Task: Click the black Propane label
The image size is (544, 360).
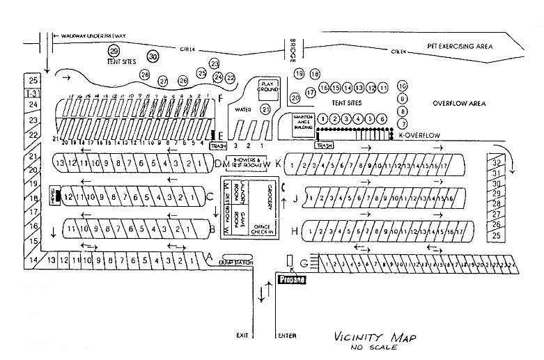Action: [291, 279]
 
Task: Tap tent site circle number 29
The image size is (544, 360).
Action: [114, 51]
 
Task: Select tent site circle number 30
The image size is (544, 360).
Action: [153, 56]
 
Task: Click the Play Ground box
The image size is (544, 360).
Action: [269, 86]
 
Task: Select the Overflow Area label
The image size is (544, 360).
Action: [458, 103]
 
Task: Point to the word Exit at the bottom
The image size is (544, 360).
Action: [242, 336]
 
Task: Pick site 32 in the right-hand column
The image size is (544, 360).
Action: [496, 162]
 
